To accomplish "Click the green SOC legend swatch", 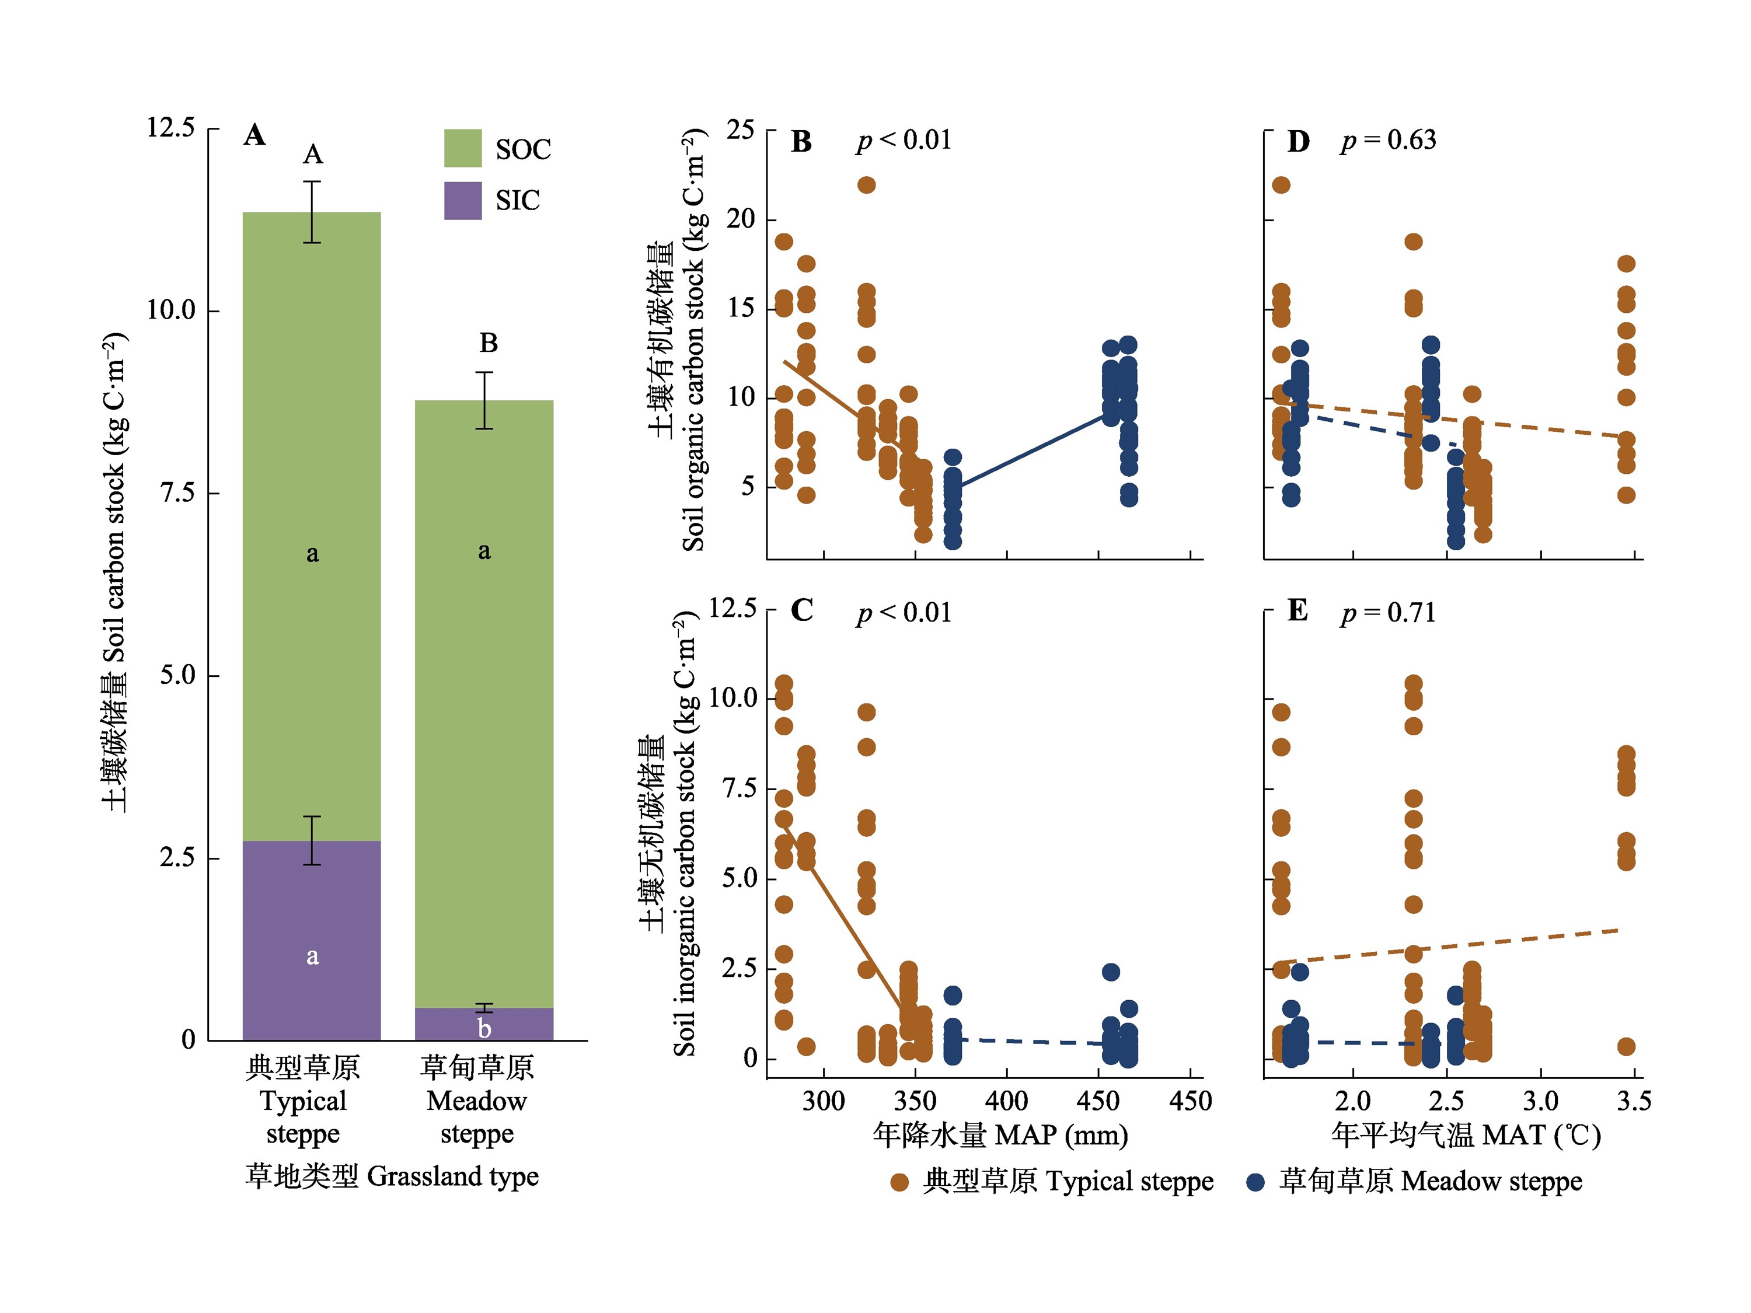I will click(x=462, y=148).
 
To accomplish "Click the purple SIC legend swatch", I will click(x=462, y=200).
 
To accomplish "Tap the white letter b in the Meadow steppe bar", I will click(x=484, y=1028).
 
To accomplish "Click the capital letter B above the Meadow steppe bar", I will click(x=489, y=343).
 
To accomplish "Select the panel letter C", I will click(x=802, y=610).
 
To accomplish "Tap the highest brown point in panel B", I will click(x=867, y=185).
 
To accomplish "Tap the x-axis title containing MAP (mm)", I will click(x=1000, y=1135).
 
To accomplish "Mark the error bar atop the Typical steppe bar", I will click(x=313, y=212).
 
